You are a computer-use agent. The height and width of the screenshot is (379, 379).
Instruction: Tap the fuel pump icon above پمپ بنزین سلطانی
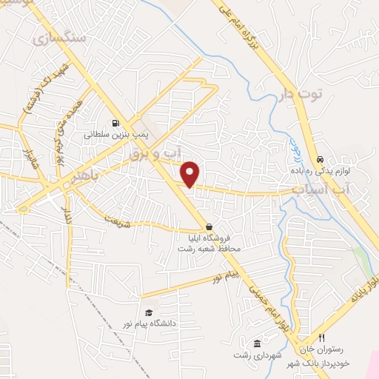tap(115, 124)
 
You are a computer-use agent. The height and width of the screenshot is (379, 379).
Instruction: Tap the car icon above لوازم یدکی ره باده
tap(320, 159)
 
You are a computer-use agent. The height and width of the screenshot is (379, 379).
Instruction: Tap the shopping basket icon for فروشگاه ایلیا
tap(209, 227)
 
